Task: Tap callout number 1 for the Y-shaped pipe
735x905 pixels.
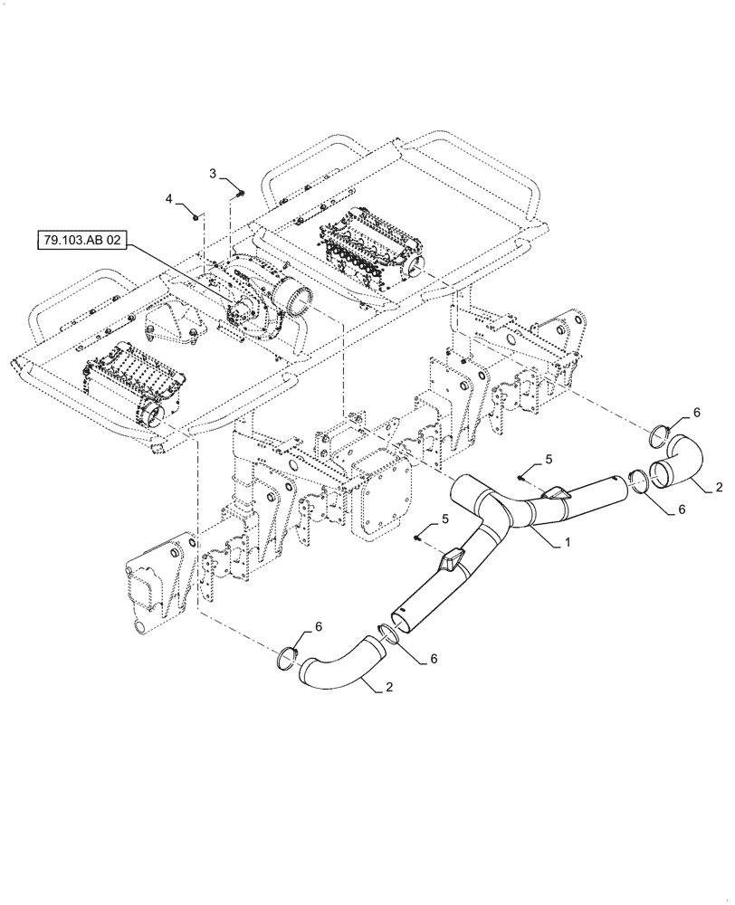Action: coord(567,542)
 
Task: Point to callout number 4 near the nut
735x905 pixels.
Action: coord(168,197)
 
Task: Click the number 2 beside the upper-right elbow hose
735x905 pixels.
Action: coord(719,487)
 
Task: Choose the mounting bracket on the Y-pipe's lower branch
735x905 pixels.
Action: coord(450,560)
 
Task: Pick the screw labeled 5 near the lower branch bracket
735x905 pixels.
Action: coord(417,537)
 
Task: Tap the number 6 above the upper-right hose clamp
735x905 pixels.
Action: coord(696,412)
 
